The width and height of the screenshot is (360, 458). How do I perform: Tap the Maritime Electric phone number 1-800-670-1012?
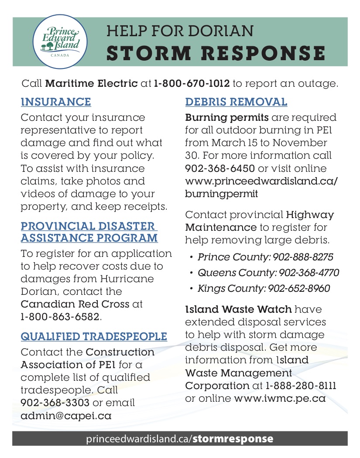point(192,83)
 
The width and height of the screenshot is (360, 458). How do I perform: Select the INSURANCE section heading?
point(56,102)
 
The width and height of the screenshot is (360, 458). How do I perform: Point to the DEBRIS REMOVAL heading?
point(236,102)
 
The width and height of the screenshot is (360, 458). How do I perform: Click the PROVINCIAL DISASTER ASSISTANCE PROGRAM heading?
point(89,232)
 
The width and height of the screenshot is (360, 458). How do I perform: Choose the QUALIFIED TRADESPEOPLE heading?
point(94,336)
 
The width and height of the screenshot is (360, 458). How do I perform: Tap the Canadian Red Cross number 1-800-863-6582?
point(61,317)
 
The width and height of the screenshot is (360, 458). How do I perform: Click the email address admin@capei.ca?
point(66,416)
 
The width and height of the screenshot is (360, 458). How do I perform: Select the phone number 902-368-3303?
point(55,403)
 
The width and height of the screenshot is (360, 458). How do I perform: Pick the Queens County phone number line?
point(268,273)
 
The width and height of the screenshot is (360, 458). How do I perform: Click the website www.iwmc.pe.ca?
point(280,398)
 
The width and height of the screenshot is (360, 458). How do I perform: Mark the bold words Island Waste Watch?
point(238,309)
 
